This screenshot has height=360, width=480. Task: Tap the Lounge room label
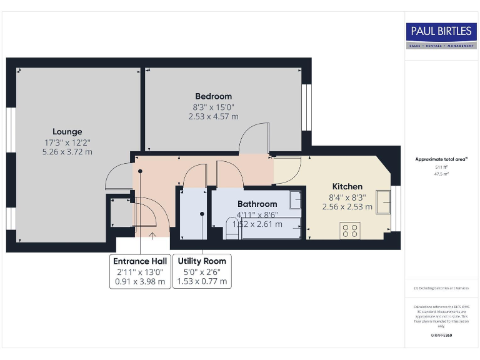coord(67,132)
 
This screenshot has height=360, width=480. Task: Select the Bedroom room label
coord(213,96)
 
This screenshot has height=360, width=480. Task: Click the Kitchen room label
coord(347,186)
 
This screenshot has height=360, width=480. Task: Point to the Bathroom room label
coord(257,204)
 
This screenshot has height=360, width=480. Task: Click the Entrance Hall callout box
coord(139,271)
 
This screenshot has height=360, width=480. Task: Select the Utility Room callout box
coord(202,271)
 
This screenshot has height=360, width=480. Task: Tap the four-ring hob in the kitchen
coord(349,230)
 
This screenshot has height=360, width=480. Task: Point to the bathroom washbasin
coord(296,200)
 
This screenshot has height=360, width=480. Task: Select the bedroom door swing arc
coord(252,136)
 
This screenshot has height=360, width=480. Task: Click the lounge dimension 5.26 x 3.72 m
coord(67,152)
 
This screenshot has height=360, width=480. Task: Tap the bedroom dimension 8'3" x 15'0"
coord(213,106)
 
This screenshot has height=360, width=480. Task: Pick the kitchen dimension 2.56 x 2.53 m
coord(347,206)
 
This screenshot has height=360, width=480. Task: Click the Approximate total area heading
coord(441,159)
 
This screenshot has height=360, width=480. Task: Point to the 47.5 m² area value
coord(441,174)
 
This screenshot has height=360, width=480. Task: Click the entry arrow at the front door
coord(152,236)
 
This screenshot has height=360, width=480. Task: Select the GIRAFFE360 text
coord(441,336)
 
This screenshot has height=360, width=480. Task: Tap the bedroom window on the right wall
coord(306,107)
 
